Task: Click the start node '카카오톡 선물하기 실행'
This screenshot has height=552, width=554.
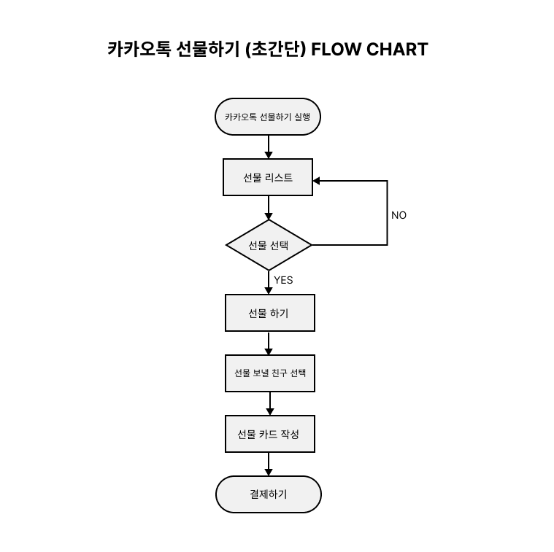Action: (268, 117)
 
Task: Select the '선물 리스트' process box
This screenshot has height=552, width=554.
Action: (268, 177)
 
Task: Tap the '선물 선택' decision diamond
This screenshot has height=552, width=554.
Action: (269, 245)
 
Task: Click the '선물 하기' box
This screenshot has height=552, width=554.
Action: (269, 313)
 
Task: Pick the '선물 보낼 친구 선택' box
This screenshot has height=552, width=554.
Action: (269, 373)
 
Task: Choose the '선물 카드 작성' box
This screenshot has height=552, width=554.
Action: (269, 434)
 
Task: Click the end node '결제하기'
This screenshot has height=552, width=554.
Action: (268, 494)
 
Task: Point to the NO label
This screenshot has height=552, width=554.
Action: (399, 215)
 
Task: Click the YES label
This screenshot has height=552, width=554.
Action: (283, 280)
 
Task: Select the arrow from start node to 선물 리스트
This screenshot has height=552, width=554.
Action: (269, 147)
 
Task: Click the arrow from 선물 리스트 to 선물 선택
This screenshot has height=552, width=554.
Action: (269, 208)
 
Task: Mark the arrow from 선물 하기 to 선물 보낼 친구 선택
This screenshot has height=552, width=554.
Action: (269, 343)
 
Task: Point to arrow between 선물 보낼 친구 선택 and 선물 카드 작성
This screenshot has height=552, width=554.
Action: (269, 403)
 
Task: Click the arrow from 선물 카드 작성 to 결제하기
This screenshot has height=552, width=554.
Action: (269, 464)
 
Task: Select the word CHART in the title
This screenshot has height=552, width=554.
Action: (397, 50)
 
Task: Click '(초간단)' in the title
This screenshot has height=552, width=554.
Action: (276, 50)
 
